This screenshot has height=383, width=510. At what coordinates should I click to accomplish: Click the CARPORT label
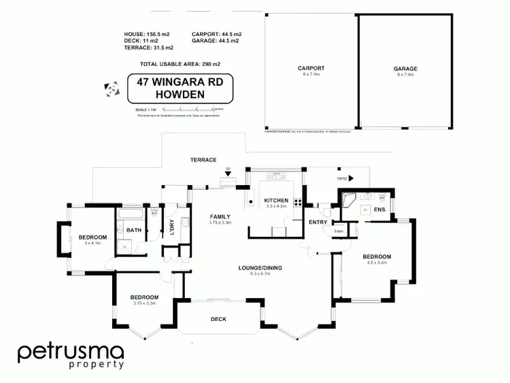(x=311, y=68)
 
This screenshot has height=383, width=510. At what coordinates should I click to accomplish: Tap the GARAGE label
(x=405, y=68)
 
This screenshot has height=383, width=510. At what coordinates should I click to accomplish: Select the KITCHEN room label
(x=277, y=200)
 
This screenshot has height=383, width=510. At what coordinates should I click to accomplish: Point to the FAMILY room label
(x=221, y=216)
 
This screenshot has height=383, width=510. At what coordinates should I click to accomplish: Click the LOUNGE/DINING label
(x=260, y=267)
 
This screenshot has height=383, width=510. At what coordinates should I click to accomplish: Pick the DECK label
(x=218, y=319)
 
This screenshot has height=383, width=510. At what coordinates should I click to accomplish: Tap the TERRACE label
(x=203, y=160)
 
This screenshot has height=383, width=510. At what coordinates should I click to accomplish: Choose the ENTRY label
(x=318, y=222)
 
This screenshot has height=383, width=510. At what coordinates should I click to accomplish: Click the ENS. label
(x=379, y=210)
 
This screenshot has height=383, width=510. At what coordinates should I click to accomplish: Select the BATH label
(x=134, y=230)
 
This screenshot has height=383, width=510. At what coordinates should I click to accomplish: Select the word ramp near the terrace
(x=342, y=178)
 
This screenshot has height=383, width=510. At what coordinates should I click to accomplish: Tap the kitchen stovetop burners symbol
(x=297, y=201)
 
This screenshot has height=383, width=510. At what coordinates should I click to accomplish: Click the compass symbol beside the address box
(x=109, y=88)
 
